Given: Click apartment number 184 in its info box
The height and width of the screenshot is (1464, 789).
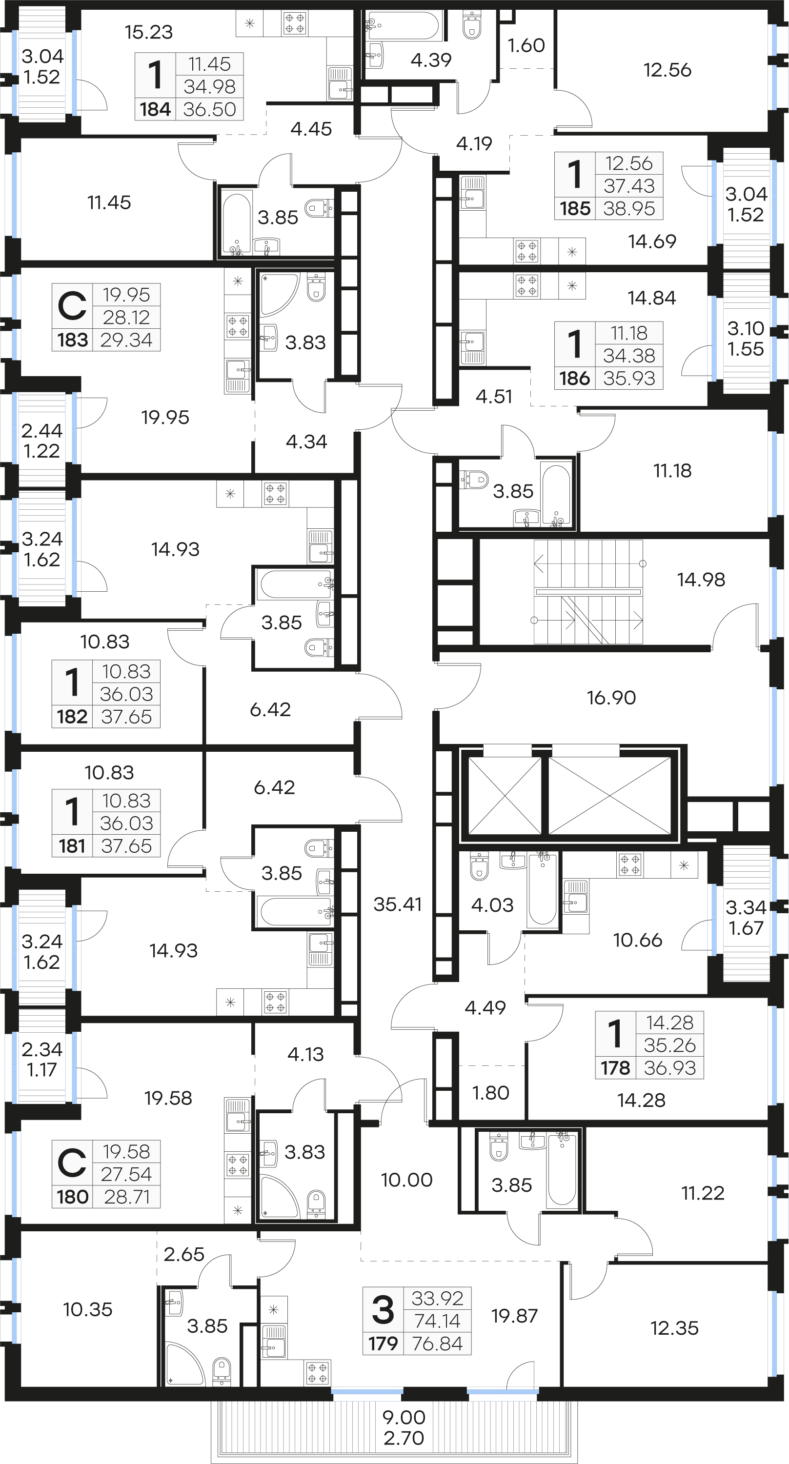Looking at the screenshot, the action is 155,109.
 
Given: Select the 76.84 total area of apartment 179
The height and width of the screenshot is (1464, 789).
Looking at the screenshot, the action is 438,1344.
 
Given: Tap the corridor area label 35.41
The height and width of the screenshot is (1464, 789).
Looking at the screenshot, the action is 397,904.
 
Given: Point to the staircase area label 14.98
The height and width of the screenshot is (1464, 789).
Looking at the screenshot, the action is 701,580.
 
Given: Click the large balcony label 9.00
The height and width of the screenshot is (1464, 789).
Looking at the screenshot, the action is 404,1417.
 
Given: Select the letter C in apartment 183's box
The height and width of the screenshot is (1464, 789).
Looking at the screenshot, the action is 72,305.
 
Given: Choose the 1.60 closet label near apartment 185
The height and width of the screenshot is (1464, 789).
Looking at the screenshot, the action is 526,45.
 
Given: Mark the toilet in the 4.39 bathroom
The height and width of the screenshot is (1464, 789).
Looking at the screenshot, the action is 472,25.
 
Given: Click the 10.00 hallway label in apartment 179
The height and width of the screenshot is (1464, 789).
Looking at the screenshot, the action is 406,1181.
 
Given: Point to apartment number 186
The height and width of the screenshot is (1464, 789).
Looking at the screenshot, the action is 575,379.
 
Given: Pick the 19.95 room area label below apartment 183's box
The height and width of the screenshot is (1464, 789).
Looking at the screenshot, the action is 165,418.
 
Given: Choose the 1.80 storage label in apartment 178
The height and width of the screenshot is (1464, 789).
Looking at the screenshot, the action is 490,1093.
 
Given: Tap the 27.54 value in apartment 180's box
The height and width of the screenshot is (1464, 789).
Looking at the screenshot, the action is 126,1174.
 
